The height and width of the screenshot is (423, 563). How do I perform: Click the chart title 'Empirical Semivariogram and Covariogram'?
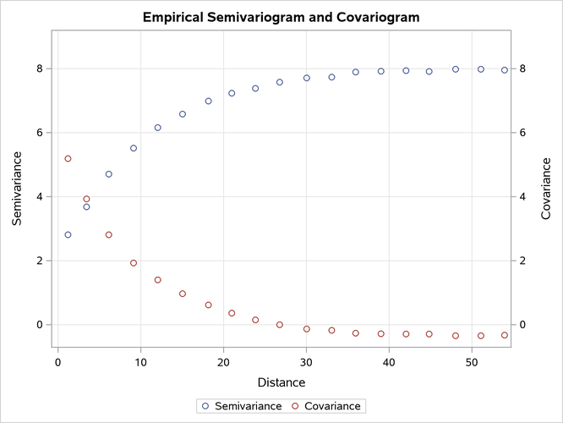pyautogui.click(x=281, y=17)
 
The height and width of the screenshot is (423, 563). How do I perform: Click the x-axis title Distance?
pyautogui.click(x=281, y=382)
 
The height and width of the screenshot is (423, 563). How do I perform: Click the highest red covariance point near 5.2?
pyautogui.click(x=68, y=158)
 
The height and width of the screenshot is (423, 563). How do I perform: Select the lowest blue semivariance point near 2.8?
pyautogui.click(x=68, y=235)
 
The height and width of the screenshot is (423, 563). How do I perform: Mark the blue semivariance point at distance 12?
pyautogui.click(x=157, y=128)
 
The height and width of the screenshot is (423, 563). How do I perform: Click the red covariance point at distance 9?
pyautogui.click(x=134, y=263)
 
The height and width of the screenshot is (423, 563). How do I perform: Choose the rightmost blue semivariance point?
pyautogui.click(x=505, y=70)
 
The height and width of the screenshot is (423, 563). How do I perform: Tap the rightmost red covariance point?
pyautogui.click(x=505, y=335)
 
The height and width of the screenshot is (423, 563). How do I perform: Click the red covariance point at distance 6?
pyautogui.click(x=108, y=235)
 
